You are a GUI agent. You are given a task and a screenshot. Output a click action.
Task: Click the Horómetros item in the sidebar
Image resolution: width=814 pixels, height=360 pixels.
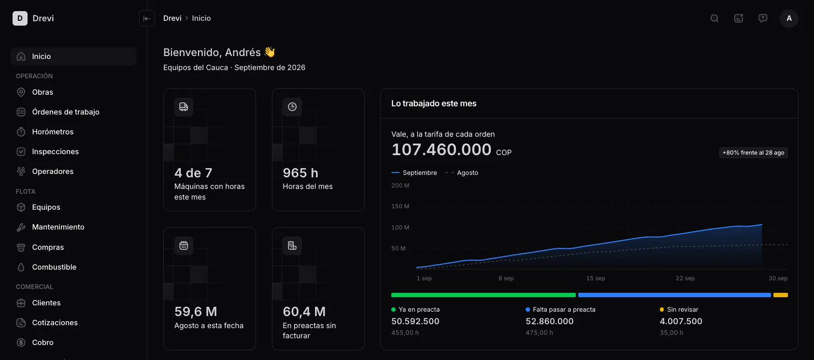pos(52,131)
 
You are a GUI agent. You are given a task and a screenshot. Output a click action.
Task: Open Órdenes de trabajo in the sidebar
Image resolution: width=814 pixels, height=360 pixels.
pos(65,112)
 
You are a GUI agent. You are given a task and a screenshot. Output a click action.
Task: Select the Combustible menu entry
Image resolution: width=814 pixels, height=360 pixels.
pos(54,267)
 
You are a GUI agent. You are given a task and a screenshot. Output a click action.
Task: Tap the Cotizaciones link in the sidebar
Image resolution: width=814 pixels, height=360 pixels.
pos(55,322)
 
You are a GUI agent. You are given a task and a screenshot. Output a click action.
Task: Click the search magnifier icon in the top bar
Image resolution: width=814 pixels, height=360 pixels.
pos(714,18)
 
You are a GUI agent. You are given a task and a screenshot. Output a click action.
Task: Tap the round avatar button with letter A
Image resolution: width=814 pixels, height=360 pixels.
pos(789,18)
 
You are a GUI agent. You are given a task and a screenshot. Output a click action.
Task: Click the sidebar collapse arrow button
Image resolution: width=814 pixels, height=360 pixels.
pos(147,18)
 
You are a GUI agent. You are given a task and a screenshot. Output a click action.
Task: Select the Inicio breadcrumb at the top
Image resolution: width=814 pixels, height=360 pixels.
pos(201,18)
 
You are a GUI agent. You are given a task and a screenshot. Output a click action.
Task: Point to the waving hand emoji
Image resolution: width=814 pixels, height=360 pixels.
pos(270,52)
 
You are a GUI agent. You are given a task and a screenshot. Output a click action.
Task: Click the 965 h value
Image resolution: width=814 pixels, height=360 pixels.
pos(300,173)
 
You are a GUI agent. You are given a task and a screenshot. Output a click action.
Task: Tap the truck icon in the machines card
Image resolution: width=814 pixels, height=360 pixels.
pos(184,107)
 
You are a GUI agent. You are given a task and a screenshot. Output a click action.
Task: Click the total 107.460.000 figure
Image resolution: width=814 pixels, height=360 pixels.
pos(441,149)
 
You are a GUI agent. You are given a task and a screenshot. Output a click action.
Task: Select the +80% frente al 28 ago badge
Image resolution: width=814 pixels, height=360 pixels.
pos(753,153)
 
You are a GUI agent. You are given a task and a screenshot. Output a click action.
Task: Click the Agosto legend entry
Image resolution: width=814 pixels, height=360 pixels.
pos(462,173)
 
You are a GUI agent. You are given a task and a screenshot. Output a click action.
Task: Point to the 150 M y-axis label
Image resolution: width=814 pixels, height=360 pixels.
pos(400,206)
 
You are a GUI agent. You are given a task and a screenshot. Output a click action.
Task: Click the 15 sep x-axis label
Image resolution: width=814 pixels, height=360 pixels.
pos(596,278)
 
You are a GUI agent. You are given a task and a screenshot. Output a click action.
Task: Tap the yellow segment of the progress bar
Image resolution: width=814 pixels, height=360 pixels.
pos(781,295)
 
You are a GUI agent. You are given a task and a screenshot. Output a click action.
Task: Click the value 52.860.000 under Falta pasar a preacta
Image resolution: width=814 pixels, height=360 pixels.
pos(549,321)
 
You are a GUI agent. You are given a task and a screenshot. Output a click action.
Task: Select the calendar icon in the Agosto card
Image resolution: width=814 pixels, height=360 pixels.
pos(184,246)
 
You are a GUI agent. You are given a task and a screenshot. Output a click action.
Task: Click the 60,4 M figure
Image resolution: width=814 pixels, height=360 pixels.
pos(304,312)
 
